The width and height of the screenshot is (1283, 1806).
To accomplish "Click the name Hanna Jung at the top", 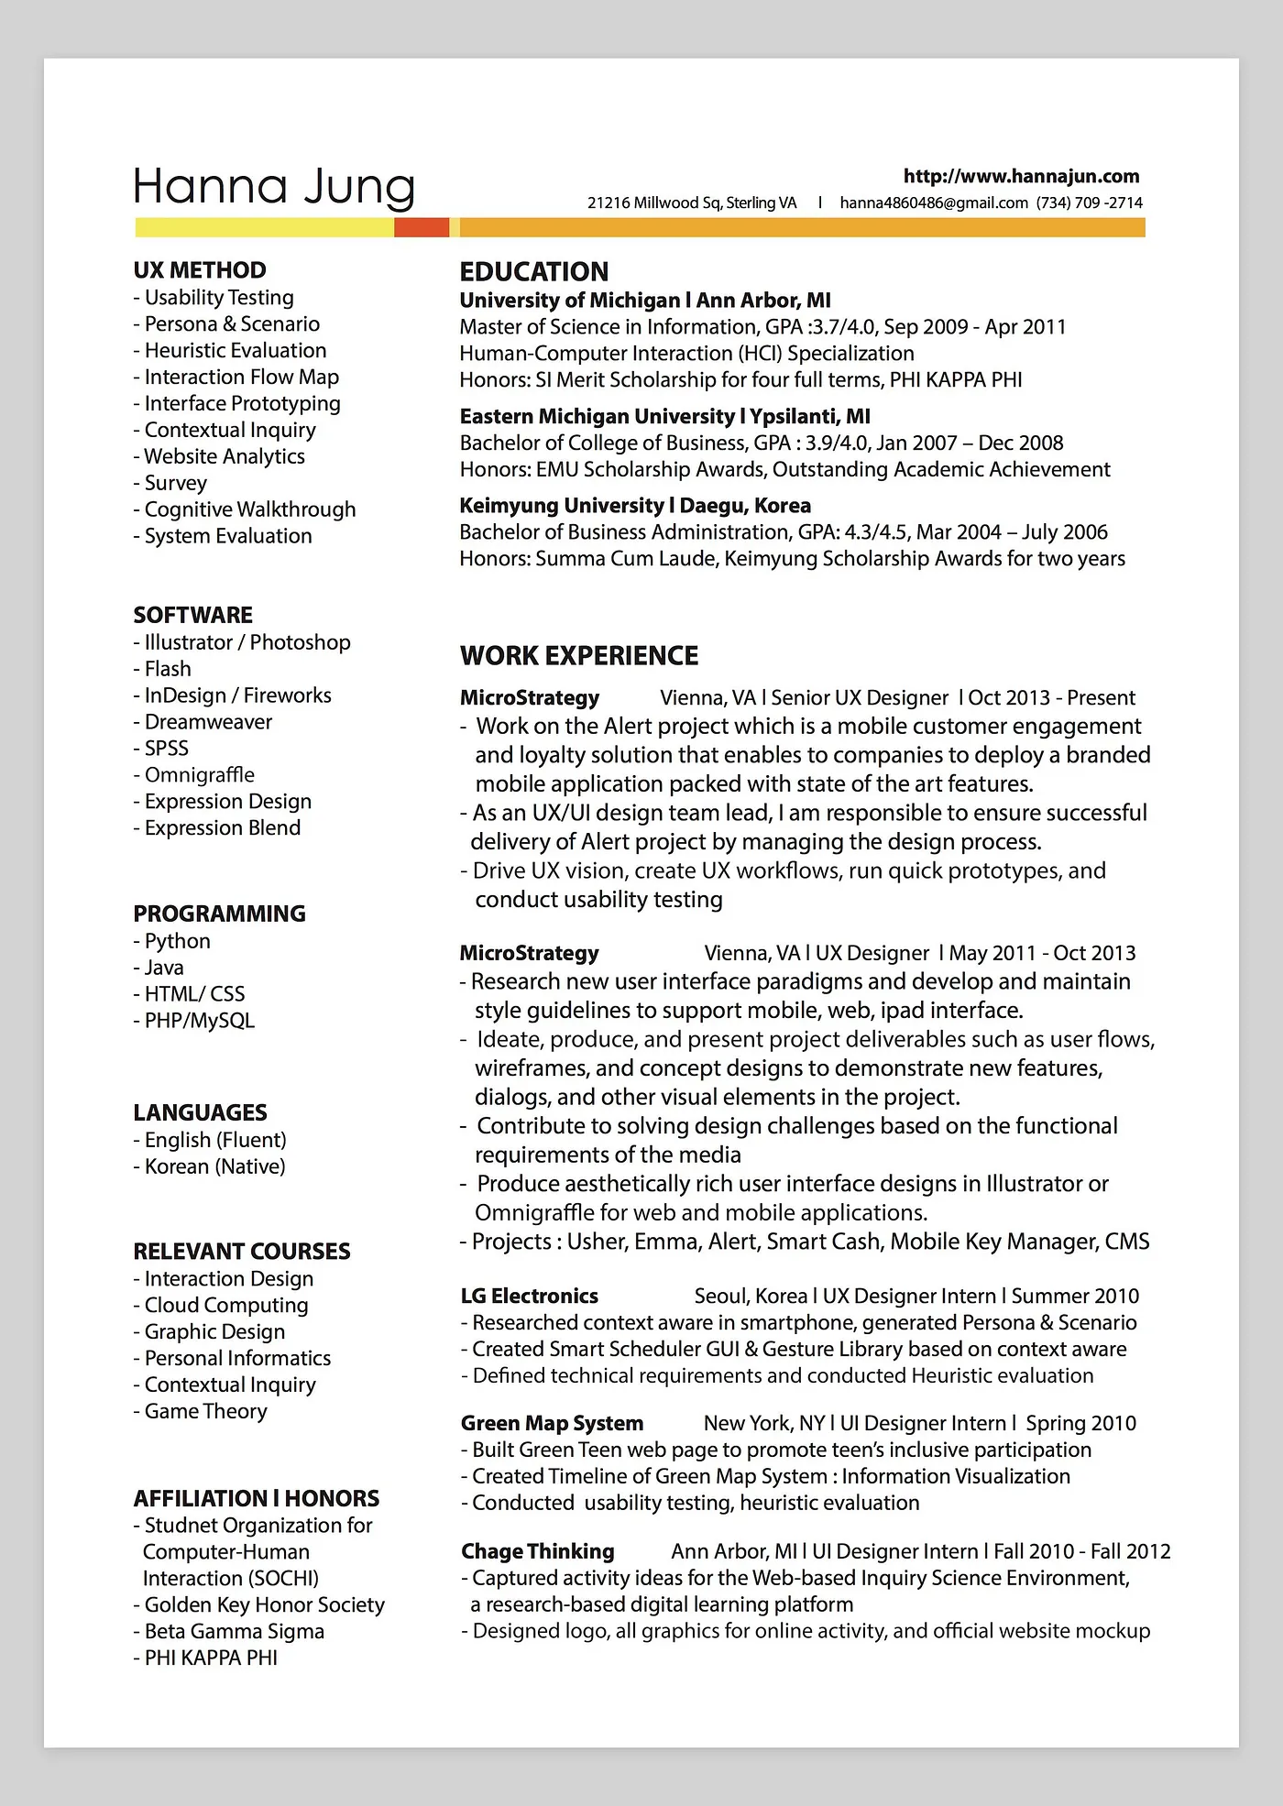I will (x=273, y=186).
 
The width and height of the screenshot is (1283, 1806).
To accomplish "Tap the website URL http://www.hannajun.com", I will (x=1021, y=176).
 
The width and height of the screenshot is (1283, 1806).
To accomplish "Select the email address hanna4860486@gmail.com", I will (x=933, y=202).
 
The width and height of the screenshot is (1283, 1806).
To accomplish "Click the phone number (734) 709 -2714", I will (x=1090, y=202).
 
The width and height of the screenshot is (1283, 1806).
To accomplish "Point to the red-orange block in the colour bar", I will (x=422, y=227).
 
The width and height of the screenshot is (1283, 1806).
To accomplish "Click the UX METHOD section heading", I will (x=200, y=270).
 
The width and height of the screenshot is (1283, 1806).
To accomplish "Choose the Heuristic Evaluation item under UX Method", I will (x=235, y=350).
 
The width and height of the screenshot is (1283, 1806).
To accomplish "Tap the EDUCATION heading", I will (x=533, y=272).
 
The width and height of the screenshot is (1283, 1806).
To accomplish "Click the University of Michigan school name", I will (x=569, y=301).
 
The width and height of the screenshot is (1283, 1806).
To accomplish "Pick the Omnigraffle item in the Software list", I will (x=199, y=775).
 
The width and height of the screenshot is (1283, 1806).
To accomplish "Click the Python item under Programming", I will (x=177, y=941).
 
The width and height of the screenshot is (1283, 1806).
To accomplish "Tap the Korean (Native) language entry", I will (x=214, y=1166).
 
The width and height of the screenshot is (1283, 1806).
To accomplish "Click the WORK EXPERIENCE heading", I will (x=578, y=656).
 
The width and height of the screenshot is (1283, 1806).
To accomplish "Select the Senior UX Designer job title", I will (x=860, y=698).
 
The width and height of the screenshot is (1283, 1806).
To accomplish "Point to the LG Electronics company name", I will (x=529, y=1297).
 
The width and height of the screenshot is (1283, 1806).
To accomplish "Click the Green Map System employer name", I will (x=552, y=1423).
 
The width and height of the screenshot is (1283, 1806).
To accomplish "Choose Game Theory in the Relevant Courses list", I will (x=205, y=1411).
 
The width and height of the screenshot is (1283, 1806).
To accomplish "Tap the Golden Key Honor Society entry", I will (x=264, y=1604).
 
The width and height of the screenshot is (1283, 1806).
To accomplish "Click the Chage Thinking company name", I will (x=537, y=1551).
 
